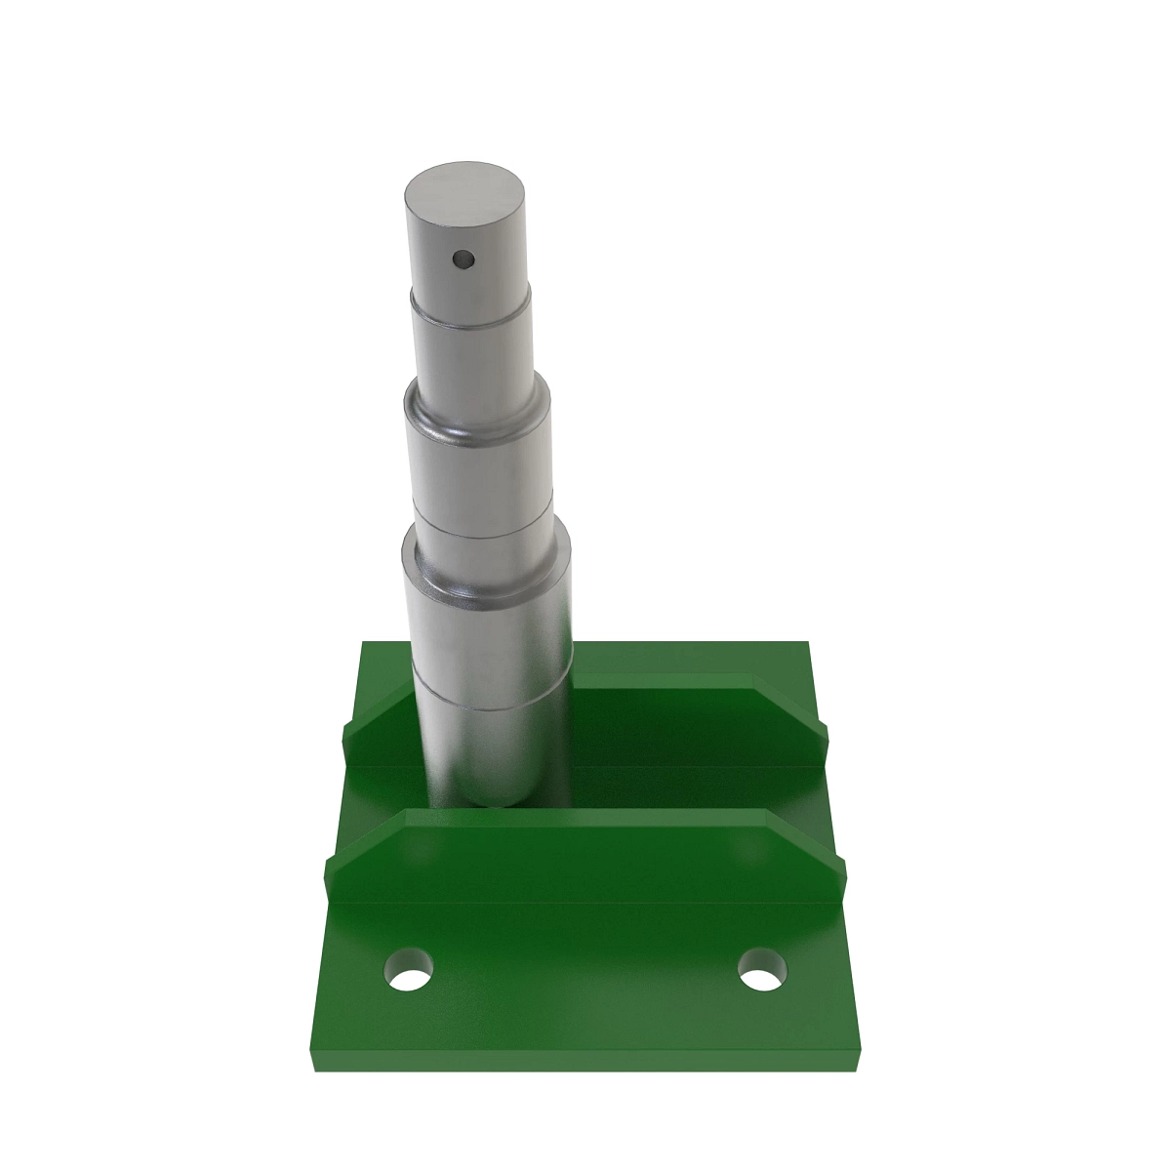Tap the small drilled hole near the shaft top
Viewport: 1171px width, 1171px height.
click(x=463, y=260)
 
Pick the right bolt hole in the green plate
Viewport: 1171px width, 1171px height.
click(x=762, y=971)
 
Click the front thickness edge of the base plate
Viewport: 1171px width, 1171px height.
click(x=585, y=1063)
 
